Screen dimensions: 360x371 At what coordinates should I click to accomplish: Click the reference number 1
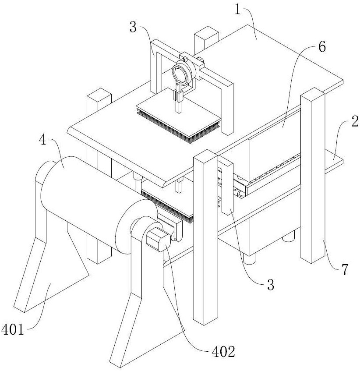pyautogui.click(x=237, y=10)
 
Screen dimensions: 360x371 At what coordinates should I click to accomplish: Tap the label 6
pyautogui.click(x=322, y=46)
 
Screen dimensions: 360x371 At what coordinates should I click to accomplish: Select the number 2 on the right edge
pyautogui.click(x=355, y=123)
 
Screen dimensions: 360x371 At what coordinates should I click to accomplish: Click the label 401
pyautogui.click(x=13, y=329)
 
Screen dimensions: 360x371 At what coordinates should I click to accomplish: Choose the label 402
pyautogui.click(x=223, y=351)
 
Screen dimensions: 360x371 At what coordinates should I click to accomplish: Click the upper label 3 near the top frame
pyautogui.click(x=133, y=28)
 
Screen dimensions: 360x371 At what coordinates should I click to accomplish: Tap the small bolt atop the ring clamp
pyautogui.click(x=185, y=58)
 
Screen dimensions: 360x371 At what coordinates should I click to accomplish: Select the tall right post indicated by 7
pyautogui.click(x=312, y=175)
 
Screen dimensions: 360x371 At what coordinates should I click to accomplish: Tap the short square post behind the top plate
pyautogui.click(x=206, y=39)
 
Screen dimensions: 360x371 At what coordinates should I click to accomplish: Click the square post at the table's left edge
pyautogui.click(x=99, y=102)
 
